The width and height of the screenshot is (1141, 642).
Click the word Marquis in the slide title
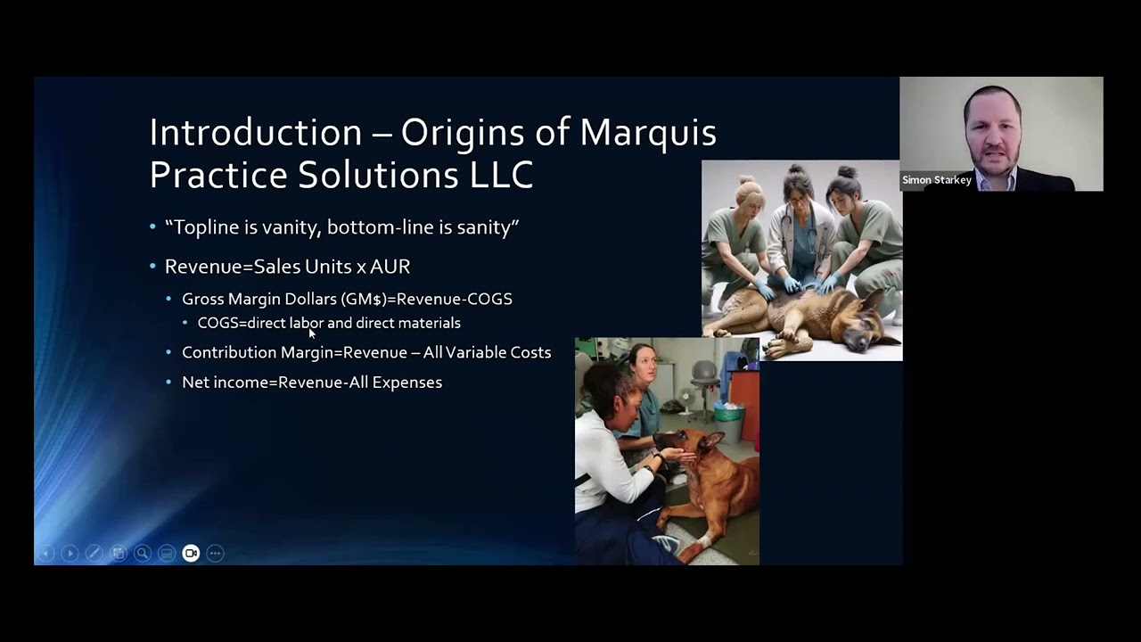648,133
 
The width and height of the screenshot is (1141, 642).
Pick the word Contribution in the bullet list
229,352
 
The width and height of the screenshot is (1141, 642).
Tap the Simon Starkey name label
936,180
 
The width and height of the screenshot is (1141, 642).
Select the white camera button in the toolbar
191,554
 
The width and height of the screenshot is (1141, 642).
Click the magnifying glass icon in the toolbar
142,554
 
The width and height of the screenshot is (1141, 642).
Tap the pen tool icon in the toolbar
94,554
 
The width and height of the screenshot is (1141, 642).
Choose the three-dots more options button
215,554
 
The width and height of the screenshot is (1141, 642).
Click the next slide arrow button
70,554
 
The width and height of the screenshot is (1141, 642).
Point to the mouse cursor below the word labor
312,333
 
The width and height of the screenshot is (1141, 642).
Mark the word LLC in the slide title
501,175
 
